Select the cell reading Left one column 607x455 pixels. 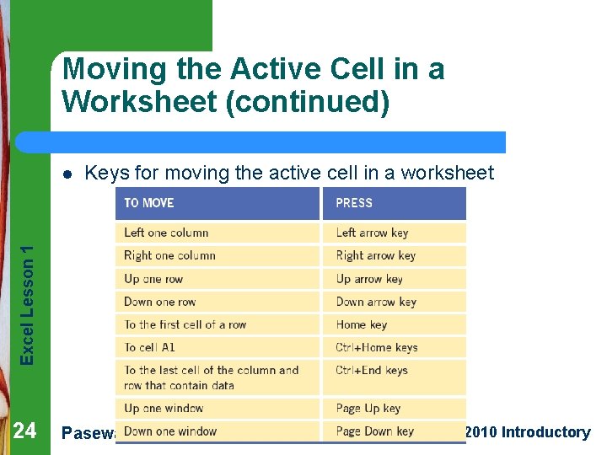click(166, 233)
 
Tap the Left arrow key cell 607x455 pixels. click(372, 233)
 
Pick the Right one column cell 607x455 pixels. click(169, 255)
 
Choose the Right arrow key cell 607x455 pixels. click(375, 255)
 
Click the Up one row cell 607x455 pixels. click(153, 279)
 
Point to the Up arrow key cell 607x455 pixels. click(369, 279)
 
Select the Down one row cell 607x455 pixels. click(159, 302)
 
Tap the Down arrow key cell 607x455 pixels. click(376, 302)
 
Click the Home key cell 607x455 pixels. click(361, 324)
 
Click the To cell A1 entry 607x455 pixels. click(149, 347)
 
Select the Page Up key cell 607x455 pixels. click(368, 409)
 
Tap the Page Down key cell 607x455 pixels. click(374, 431)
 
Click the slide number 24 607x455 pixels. click(25, 431)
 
